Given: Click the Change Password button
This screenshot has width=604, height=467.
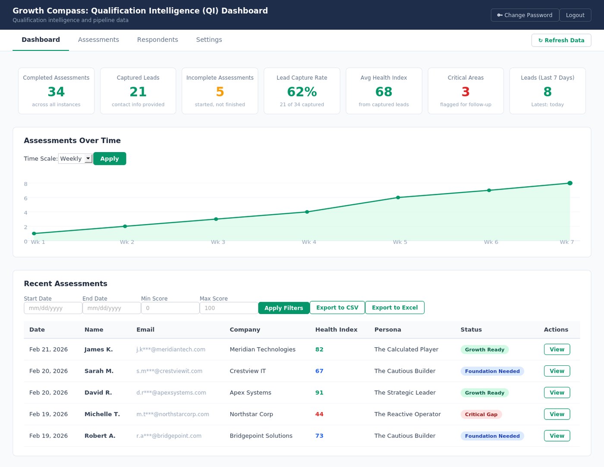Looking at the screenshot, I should pyautogui.click(x=525, y=15).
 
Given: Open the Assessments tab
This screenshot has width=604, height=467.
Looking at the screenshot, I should pyautogui.click(x=98, y=40).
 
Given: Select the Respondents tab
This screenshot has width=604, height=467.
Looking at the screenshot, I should pyautogui.click(x=157, y=40).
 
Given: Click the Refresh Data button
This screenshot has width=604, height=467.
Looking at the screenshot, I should pyautogui.click(x=561, y=40).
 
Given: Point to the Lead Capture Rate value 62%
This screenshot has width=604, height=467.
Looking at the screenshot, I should pyautogui.click(x=302, y=92).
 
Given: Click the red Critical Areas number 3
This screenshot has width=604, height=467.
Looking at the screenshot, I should pyautogui.click(x=466, y=92).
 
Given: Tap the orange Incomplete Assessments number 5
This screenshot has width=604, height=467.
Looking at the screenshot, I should pyautogui.click(x=220, y=92).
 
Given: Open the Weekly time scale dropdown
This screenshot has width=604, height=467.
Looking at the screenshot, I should pyautogui.click(x=75, y=159).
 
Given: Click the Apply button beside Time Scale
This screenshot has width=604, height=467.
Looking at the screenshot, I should pyautogui.click(x=110, y=159).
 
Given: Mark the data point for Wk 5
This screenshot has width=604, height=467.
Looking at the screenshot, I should pyautogui.click(x=398, y=198).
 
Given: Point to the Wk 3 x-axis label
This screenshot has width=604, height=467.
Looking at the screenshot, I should pyautogui.click(x=218, y=242).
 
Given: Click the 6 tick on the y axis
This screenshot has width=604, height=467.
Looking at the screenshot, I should pyautogui.click(x=25, y=198).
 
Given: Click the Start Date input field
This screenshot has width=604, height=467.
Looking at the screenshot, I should pyautogui.click(x=53, y=308).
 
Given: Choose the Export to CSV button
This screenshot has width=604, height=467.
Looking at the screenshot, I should pyautogui.click(x=337, y=308).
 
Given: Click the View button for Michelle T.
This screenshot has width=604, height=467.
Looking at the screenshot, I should pyautogui.click(x=557, y=414).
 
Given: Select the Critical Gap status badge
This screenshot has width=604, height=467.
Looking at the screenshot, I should pyautogui.click(x=481, y=414).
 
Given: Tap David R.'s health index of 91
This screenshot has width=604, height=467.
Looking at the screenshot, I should pyautogui.click(x=319, y=392).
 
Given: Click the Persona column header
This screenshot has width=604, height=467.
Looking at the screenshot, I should pyautogui.click(x=387, y=330).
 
